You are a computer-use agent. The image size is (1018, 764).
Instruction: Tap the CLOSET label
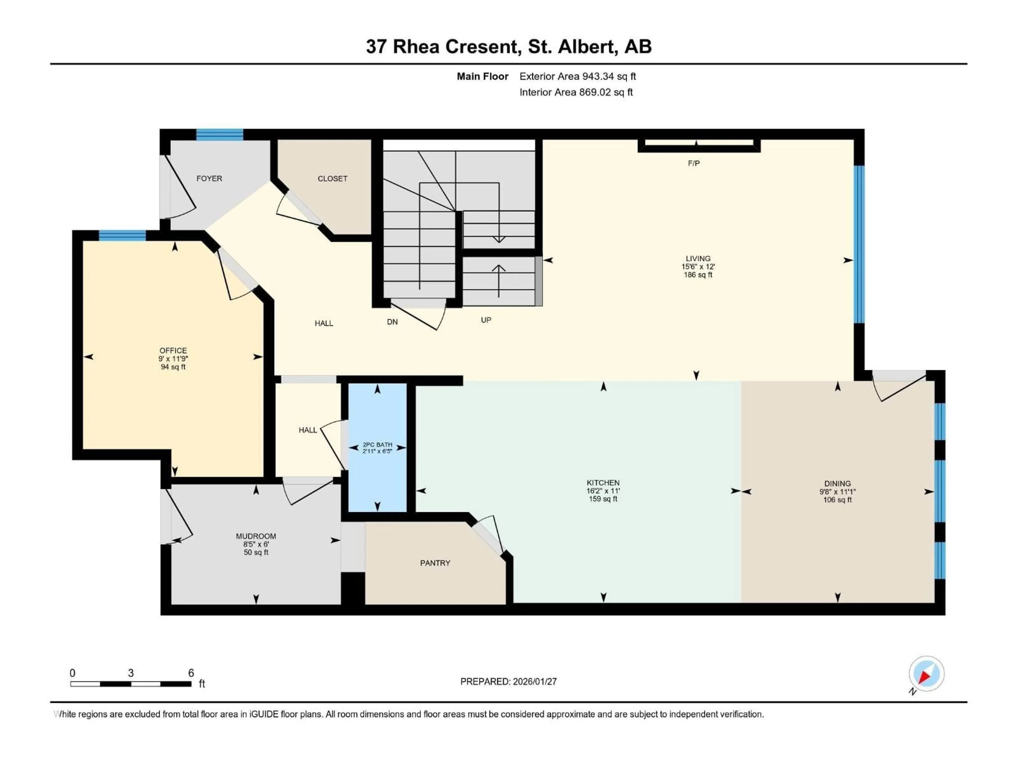click(332, 179)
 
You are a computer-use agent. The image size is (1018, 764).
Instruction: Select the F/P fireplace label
click(694, 163)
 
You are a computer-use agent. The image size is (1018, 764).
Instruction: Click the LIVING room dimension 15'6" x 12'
click(698, 267)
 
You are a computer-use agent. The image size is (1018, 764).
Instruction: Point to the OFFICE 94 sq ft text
click(173, 367)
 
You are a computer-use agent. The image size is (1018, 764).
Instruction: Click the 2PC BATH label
click(378, 445)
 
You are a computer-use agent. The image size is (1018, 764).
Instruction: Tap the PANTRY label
click(435, 563)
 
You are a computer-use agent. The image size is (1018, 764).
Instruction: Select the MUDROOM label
click(256, 536)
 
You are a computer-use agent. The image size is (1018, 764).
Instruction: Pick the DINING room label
click(837, 484)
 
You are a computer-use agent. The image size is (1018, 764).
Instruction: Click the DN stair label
click(392, 322)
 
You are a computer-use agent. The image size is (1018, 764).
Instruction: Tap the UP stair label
click(486, 320)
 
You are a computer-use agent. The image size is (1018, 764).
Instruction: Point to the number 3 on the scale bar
click(131, 673)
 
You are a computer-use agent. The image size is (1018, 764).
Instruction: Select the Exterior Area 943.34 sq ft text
click(578, 76)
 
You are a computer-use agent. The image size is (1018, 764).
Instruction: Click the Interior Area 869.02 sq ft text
click(576, 92)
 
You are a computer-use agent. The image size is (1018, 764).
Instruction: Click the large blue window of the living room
click(859, 244)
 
